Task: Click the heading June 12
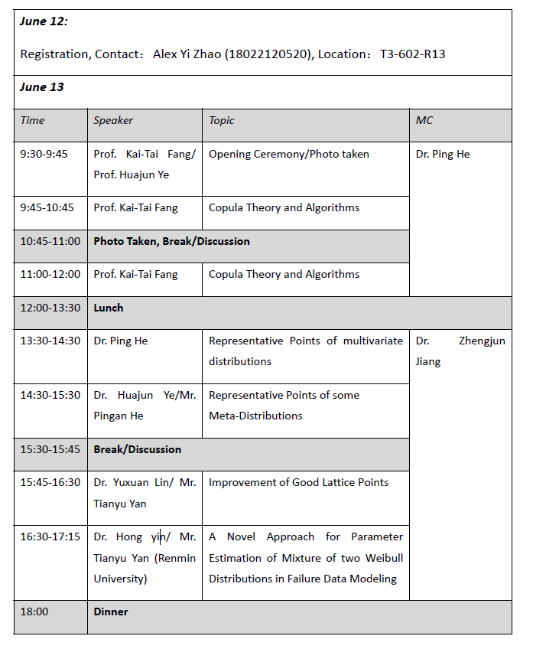(44, 21)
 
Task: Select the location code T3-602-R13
(412, 54)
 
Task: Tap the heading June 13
(42, 87)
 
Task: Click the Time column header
(33, 120)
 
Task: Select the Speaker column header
(113, 120)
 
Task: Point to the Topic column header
(222, 120)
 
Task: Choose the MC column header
(424, 120)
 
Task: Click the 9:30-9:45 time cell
(44, 154)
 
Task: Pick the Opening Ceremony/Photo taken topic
(289, 154)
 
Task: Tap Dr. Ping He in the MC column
(443, 154)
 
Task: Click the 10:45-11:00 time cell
(50, 241)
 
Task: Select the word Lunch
(109, 308)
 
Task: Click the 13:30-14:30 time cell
(50, 341)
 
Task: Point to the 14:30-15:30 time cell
(50, 395)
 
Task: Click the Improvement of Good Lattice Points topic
(298, 482)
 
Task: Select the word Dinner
(111, 611)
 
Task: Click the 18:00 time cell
(34, 611)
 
